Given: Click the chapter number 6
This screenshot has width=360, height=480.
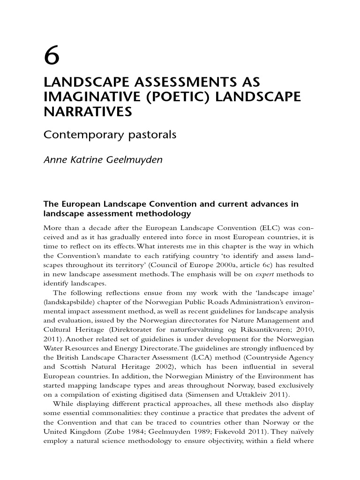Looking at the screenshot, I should click(x=52, y=57).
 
